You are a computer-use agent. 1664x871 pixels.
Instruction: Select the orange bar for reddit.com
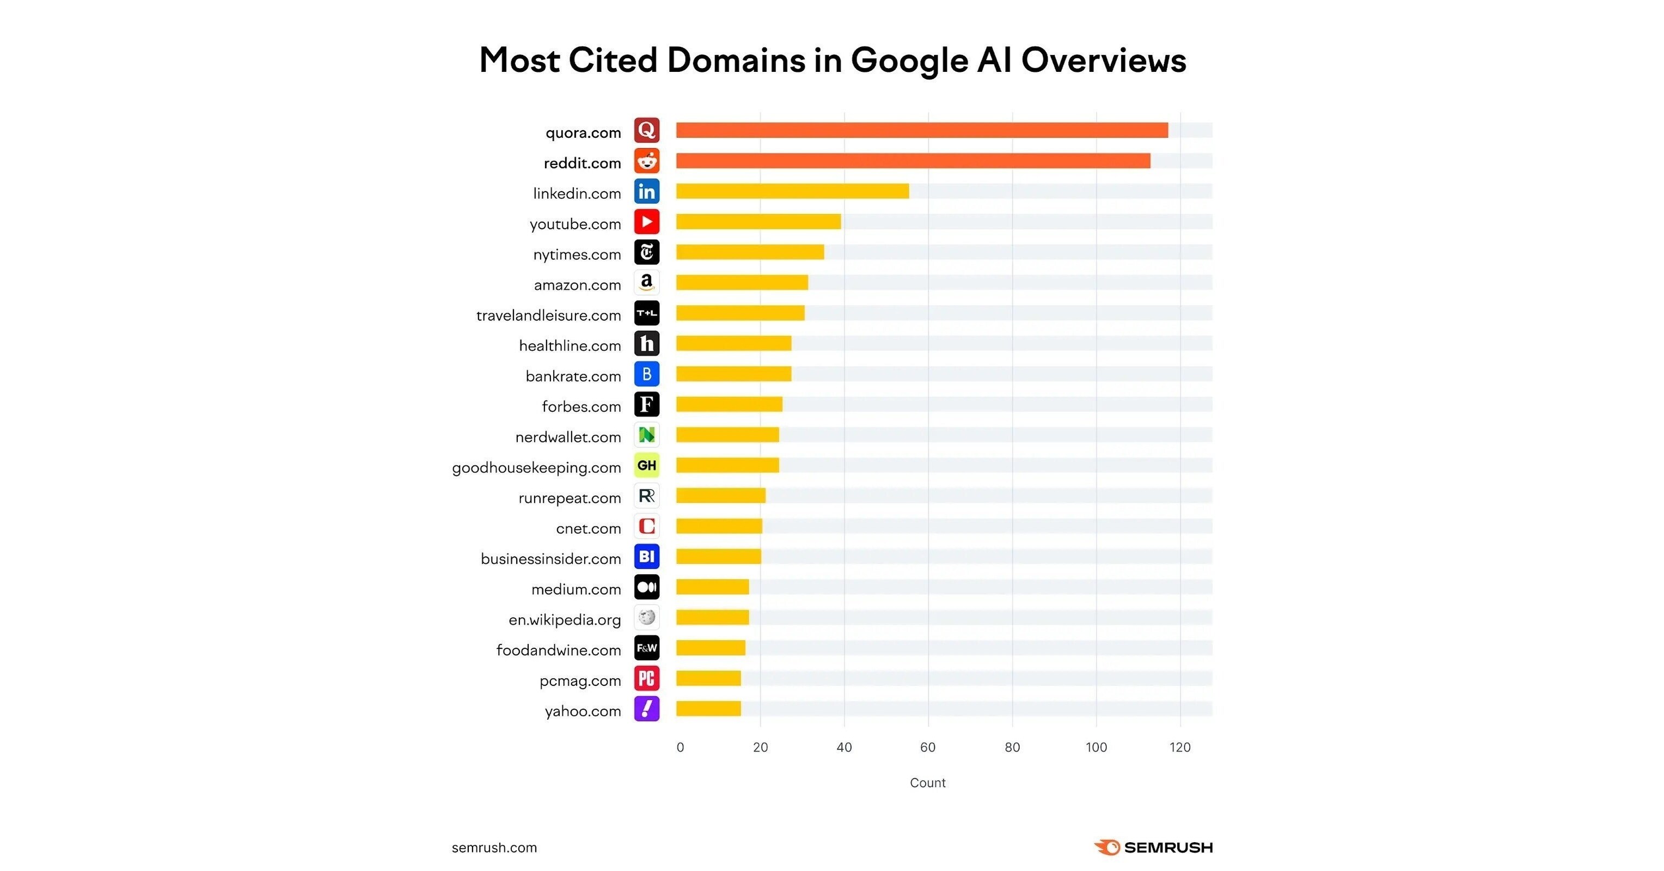click(x=913, y=161)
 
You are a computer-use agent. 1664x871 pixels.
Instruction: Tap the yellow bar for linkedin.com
click(x=792, y=191)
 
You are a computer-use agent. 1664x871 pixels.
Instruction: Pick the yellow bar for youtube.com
click(x=758, y=222)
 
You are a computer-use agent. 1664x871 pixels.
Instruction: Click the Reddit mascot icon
click(x=647, y=161)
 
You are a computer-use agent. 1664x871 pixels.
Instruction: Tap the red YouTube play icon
click(x=647, y=222)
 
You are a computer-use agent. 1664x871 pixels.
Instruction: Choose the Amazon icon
click(x=647, y=282)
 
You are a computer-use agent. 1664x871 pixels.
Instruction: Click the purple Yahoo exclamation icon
click(x=647, y=709)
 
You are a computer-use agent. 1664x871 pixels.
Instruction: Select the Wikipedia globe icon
click(x=647, y=618)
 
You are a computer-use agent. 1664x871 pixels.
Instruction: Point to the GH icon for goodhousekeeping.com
click(x=647, y=465)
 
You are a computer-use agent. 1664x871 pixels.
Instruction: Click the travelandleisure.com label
click(x=548, y=315)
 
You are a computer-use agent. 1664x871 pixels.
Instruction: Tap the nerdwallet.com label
click(x=568, y=437)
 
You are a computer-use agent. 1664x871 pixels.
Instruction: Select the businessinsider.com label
click(x=550, y=559)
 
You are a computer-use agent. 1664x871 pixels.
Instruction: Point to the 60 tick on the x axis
click(x=928, y=747)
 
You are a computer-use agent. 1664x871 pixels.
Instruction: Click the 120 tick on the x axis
click(x=1179, y=747)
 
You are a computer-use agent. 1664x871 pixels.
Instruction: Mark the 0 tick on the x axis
click(x=680, y=747)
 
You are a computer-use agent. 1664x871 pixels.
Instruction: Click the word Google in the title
click(x=909, y=62)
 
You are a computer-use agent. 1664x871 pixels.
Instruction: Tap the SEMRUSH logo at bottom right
click(x=1153, y=847)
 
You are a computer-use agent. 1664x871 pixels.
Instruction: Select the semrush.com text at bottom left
click(x=494, y=848)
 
